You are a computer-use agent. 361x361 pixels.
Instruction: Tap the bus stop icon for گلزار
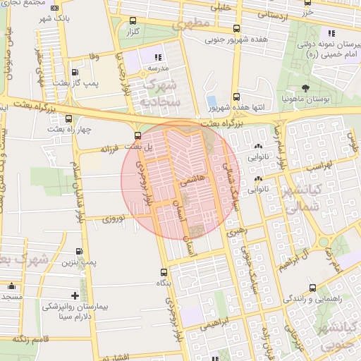[x=131, y=21]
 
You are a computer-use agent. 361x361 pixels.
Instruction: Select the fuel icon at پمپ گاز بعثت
[x=75, y=72]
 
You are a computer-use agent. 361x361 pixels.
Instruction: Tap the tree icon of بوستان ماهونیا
[x=305, y=88]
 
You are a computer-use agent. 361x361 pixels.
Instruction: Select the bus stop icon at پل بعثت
[x=137, y=135]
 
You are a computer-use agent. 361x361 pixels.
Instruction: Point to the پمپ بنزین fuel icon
[x=78, y=252]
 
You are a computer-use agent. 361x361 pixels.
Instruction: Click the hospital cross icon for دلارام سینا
[x=75, y=295]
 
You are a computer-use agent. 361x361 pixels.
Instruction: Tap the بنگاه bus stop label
[x=164, y=283]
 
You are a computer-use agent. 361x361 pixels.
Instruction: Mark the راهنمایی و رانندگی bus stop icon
[x=312, y=287]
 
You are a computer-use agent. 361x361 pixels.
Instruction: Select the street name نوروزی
[x=114, y=220]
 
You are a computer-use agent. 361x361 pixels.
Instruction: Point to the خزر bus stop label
[x=306, y=13]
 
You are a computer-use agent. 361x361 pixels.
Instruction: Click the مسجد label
[x=11, y=297]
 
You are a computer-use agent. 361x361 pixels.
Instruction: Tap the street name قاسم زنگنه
[x=29, y=340]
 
